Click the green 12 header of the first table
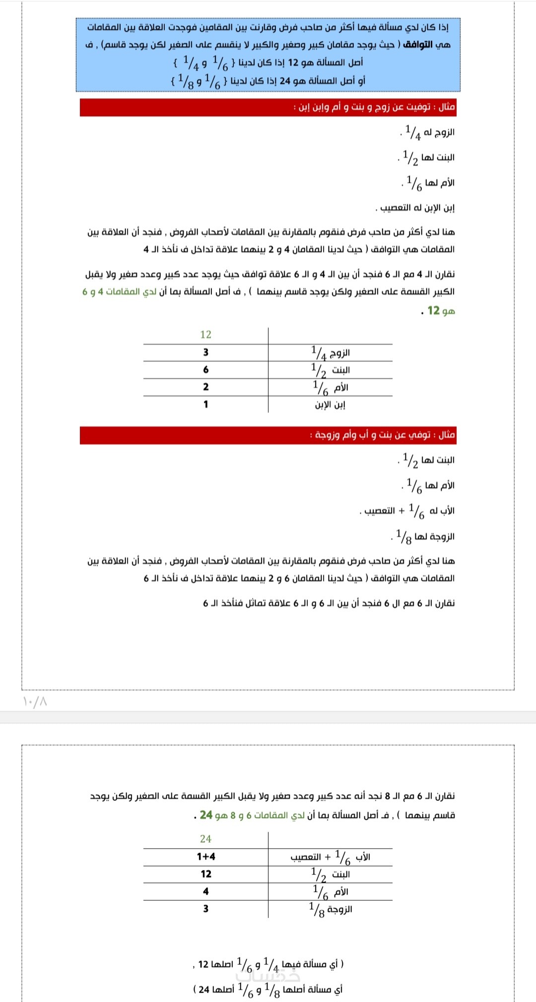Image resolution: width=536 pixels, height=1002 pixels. pyautogui.click(x=205, y=335)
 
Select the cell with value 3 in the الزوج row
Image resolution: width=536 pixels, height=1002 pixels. pyautogui.click(x=205, y=353)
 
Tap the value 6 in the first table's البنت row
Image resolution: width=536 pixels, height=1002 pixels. pyautogui.click(x=205, y=370)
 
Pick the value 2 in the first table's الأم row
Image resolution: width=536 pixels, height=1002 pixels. pyautogui.click(x=205, y=387)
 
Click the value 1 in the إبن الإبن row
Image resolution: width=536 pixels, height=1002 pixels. pyautogui.click(x=205, y=405)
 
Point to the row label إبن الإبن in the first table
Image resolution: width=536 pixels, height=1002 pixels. pyautogui.click(x=330, y=405)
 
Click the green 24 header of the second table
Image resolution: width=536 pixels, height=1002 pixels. pyautogui.click(x=205, y=839)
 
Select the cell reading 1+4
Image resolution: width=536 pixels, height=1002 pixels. pyautogui.click(x=205, y=857)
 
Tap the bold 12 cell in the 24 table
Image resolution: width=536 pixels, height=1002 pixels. pyautogui.click(x=205, y=874)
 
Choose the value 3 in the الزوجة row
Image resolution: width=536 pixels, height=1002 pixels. pyautogui.click(x=205, y=909)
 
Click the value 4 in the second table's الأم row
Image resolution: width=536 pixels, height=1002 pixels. pyautogui.click(x=205, y=891)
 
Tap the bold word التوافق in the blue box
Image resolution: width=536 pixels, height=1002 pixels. pyautogui.click(x=417, y=45)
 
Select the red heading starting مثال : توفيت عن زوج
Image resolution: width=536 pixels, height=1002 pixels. pyautogui.click(x=374, y=107)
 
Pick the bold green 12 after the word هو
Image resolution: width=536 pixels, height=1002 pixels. pyautogui.click(x=434, y=311)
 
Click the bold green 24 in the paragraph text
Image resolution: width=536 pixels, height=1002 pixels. pyautogui.click(x=206, y=815)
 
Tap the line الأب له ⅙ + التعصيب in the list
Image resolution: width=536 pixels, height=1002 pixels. pyautogui.click(x=407, y=511)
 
